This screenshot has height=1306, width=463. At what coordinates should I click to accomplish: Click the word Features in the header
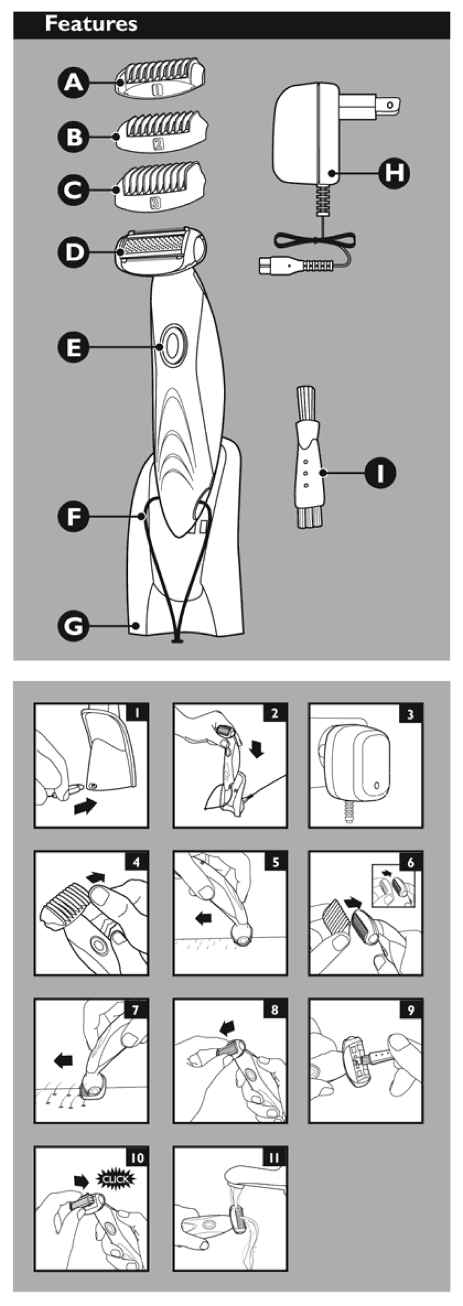(x=91, y=24)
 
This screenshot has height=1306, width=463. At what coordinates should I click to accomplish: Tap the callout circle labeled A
(x=74, y=83)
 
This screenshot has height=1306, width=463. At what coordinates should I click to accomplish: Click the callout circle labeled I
(x=380, y=473)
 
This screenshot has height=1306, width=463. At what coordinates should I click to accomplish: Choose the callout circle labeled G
(x=74, y=626)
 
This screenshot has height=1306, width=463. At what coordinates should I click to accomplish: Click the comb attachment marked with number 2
(x=162, y=131)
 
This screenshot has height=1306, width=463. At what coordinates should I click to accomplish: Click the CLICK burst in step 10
(x=116, y=1179)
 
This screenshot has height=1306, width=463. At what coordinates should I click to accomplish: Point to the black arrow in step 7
(x=63, y=1060)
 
